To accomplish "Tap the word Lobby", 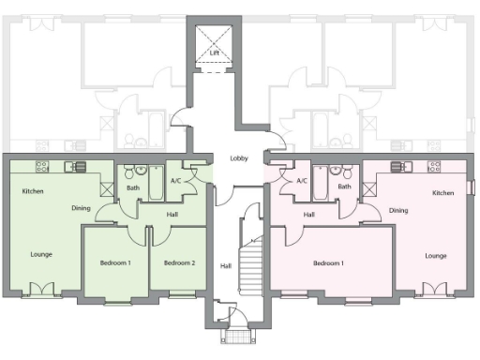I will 239,158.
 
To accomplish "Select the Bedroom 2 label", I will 179,262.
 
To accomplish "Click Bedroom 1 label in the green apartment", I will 115,262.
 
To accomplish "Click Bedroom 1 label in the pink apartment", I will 328,262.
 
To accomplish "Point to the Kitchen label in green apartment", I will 34,191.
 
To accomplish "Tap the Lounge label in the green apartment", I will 40,254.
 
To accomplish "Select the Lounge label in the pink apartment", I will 435,255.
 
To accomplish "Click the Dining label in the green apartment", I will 81,208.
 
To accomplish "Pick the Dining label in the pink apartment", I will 398,210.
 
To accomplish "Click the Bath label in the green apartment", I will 133,187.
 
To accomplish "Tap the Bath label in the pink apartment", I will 344,187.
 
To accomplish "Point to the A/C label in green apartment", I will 175,180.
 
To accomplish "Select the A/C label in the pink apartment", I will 301,180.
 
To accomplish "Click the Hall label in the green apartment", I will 172,214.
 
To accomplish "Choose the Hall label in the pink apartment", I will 308,214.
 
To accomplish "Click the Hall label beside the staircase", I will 225,265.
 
